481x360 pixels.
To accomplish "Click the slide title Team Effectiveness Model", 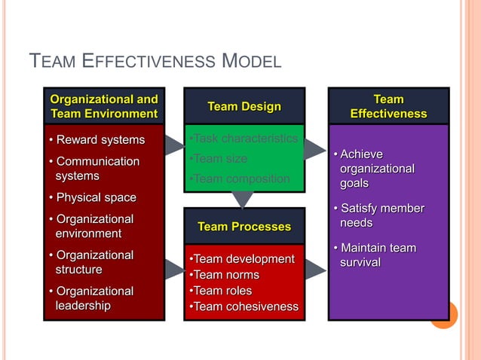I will (x=155, y=61).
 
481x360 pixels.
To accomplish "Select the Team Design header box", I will (x=244, y=106).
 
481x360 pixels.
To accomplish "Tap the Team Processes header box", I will (x=244, y=226).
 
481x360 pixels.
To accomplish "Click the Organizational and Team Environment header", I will (x=104, y=106).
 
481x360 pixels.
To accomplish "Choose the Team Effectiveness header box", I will (x=388, y=106).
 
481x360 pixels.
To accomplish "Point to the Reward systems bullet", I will (x=96, y=140).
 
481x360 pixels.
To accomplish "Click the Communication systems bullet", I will (x=93, y=169).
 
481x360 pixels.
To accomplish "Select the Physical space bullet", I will (x=92, y=197).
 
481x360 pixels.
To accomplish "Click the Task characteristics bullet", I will (x=244, y=139).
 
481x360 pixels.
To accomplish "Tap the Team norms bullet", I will (x=224, y=275).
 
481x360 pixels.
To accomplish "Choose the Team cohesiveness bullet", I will (x=244, y=307).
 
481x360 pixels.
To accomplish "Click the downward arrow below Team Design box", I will (x=242, y=200).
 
